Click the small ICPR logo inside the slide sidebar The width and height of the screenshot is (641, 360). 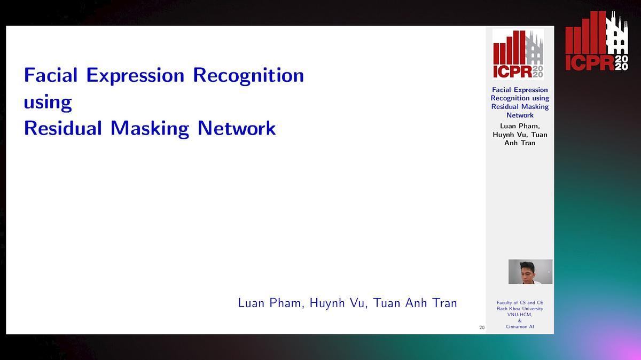(x=518, y=54)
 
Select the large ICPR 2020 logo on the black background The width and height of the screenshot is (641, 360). (x=597, y=42)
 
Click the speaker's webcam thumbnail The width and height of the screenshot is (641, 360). (x=530, y=271)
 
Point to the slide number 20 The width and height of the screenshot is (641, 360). (x=482, y=327)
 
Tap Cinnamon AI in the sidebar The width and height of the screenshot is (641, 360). (x=520, y=326)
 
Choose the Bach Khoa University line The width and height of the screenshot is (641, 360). (x=520, y=309)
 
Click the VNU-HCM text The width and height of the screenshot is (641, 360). (x=520, y=315)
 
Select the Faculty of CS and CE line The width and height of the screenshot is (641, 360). (x=520, y=303)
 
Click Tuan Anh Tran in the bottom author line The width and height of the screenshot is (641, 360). (x=416, y=303)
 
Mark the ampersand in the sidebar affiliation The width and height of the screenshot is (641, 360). (x=520, y=320)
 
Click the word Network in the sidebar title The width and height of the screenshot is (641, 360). (x=520, y=115)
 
